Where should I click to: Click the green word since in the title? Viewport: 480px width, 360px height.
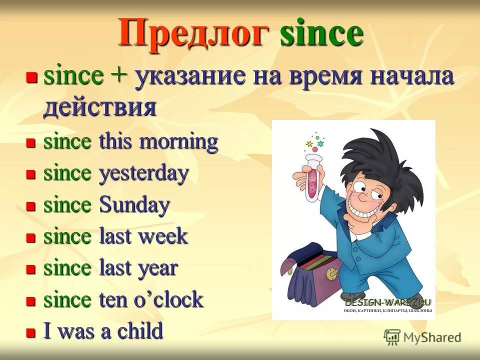[321, 33]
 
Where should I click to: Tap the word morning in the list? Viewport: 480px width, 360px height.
[178, 142]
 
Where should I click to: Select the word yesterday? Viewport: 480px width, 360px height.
[144, 174]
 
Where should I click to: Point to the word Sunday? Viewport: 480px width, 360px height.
[135, 205]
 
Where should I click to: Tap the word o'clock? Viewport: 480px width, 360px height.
[170, 299]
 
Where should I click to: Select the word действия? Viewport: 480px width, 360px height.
[99, 107]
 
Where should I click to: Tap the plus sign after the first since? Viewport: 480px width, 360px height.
[118, 77]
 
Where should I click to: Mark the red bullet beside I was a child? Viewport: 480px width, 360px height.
[31, 332]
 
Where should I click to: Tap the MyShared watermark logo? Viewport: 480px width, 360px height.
[422, 337]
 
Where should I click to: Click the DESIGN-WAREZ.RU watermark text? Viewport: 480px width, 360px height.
[388, 302]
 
